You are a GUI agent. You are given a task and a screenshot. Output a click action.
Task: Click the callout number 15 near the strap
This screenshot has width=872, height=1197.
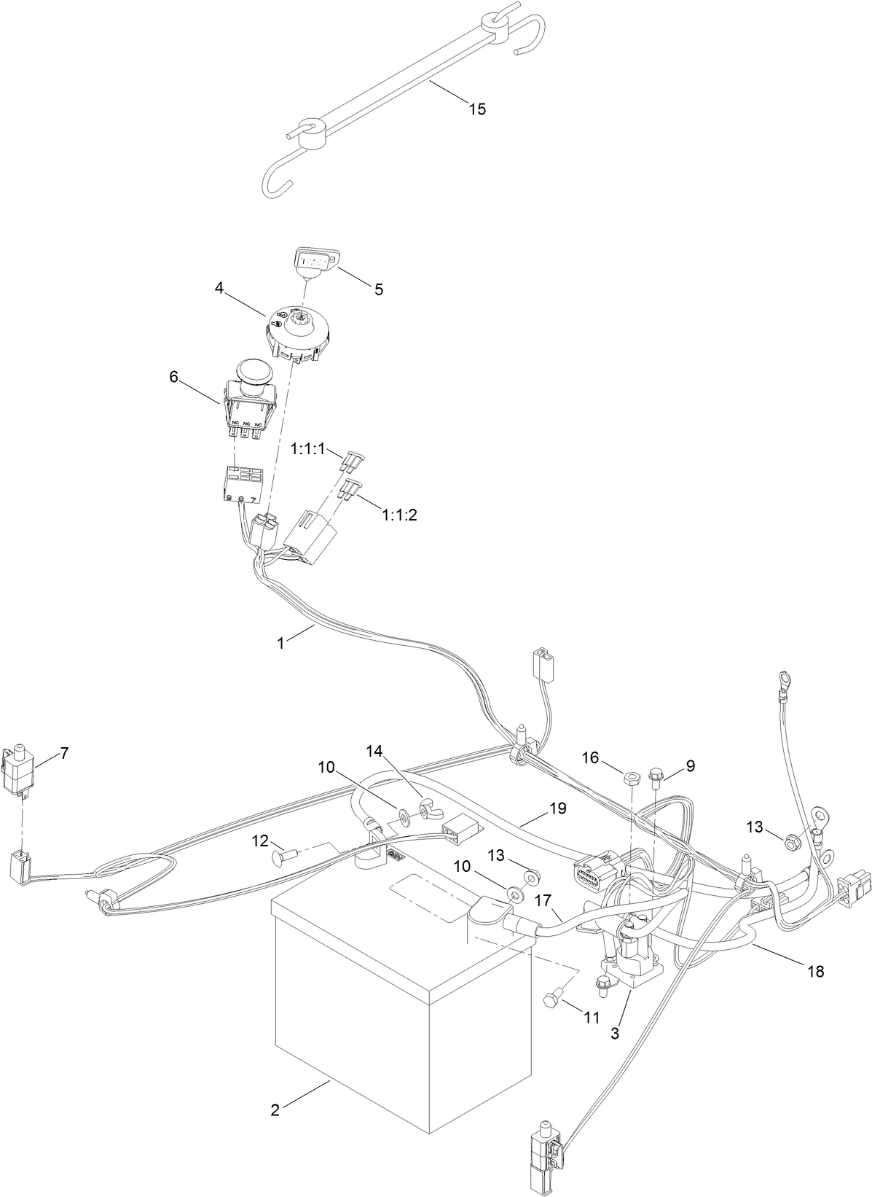[476, 109]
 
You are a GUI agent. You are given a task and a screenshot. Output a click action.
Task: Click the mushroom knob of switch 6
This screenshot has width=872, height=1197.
[253, 371]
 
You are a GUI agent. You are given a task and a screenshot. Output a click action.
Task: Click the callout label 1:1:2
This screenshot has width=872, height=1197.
[399, 515]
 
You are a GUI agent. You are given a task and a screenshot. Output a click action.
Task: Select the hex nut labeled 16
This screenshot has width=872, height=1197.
[632, 778]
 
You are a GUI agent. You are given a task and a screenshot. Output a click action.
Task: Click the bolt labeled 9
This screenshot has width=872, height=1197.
[656, 774]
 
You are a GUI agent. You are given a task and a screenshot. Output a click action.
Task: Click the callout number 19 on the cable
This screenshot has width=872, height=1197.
[558, 808]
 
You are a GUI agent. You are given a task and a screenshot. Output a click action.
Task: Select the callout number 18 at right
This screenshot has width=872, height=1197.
[816, 972]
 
